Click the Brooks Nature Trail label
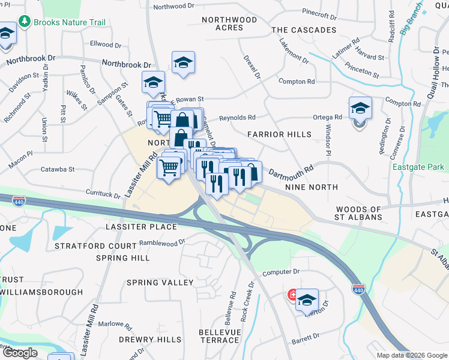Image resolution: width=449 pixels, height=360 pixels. (70, 22)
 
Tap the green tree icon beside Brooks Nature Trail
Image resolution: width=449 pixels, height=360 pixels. (25, 22)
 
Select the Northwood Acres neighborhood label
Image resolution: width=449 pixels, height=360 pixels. (229, 23)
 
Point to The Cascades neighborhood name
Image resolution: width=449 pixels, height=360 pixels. (303, 30)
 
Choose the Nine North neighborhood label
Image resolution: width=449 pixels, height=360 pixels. (311, 188)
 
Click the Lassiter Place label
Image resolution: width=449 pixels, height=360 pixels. (141, 227)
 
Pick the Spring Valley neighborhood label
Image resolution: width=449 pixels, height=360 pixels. (160, 282)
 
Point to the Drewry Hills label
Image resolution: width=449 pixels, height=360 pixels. (149, 340)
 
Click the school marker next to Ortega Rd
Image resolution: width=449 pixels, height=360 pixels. (360, 109)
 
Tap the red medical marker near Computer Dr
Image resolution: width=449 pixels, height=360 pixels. (292, 295)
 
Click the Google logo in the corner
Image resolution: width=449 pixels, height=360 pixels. (19, 353)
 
